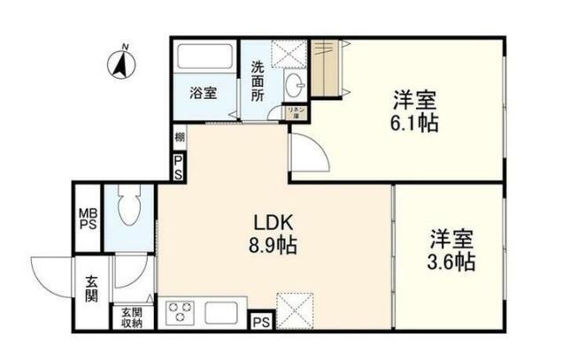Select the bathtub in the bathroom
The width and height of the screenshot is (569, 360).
204,58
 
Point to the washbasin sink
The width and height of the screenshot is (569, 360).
295,86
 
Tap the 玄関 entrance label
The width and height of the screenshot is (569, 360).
91,290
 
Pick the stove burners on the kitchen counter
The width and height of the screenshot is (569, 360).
181,314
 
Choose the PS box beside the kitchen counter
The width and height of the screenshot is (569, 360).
262,322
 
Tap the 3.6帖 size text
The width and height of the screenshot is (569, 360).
452,262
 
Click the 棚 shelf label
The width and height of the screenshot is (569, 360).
179,137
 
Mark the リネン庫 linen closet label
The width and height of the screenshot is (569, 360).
294,112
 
